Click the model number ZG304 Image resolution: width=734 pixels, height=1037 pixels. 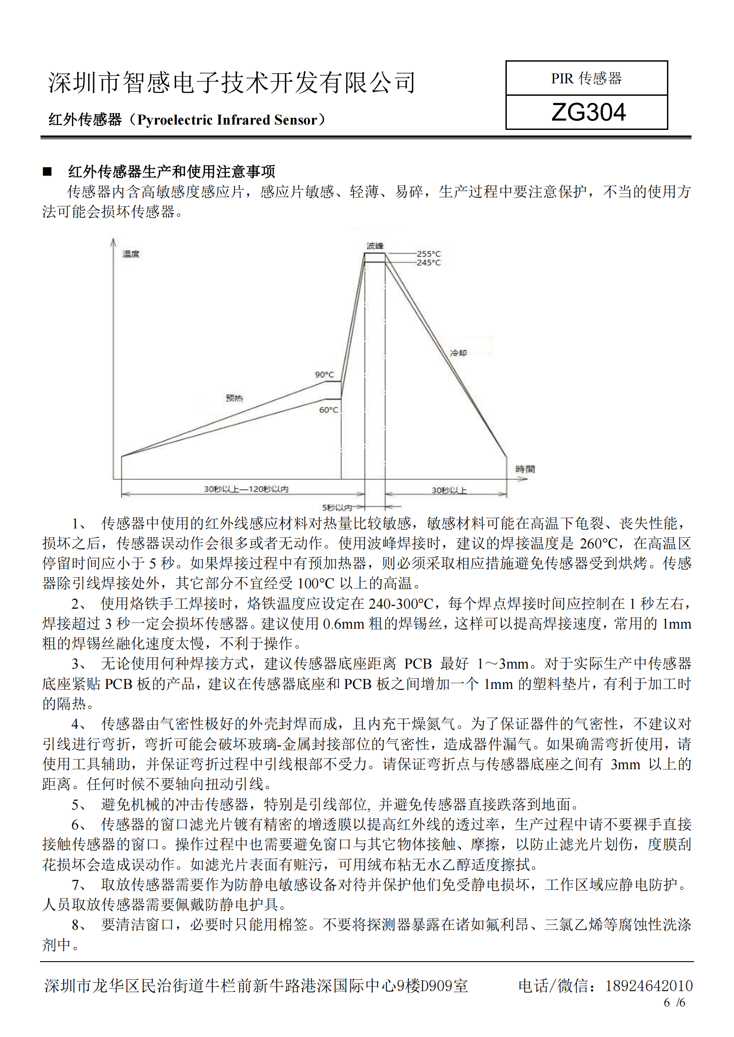click(x=588, y=112)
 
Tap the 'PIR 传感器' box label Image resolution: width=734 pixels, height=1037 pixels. click(x=586, y=78)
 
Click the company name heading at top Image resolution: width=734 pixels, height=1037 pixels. click(x=231, y=82)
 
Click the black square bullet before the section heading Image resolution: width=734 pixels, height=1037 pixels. click(x=47, y=172)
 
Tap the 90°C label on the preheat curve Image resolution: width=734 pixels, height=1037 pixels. click(x=324, y=375)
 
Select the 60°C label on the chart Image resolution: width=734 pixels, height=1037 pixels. click(x=328, y=410)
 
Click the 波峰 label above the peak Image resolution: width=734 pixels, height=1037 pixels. click(x=375, y=246)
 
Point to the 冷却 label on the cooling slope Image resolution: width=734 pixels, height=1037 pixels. click(x=458, y=352)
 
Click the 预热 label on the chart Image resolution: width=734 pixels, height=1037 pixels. click(x=234, y=398)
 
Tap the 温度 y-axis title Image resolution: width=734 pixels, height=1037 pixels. click(x=130, y=254)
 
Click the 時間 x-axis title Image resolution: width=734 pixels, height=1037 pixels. click(x=525, y=469)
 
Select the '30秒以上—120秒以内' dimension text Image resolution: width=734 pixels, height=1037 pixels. click(x=246, y=489)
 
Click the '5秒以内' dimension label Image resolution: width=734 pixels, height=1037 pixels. click(x=337, y=507)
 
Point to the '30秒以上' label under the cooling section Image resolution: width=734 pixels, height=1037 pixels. click(x=449, y=490)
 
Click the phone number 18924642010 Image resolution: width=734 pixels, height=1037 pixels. click(x=649, y=986)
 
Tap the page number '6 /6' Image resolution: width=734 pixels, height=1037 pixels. click(x=674, y=1003)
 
